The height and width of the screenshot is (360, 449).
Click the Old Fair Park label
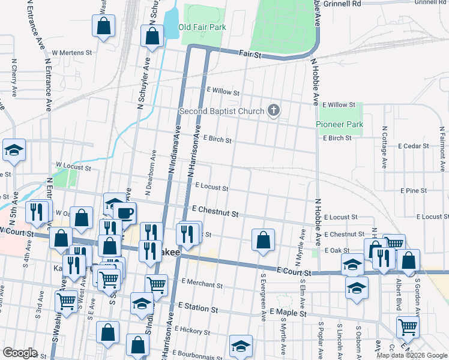coord(203,28)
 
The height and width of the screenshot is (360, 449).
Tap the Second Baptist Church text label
coord(221,111)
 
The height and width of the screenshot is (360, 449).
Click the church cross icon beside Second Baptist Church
coord(274,110)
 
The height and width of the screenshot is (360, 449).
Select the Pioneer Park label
coord(340,124)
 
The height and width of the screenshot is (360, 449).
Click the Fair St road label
coord(251,55)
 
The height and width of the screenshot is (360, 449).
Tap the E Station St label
coord(197,309)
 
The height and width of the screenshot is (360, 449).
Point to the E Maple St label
coord(288,313)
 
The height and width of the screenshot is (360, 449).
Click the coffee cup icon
coord(124,213)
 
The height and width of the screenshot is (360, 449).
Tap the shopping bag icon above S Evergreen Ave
coord(263,241)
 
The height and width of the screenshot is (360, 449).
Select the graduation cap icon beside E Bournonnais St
coord(241,346)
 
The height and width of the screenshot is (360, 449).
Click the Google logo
coord(20,353)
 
